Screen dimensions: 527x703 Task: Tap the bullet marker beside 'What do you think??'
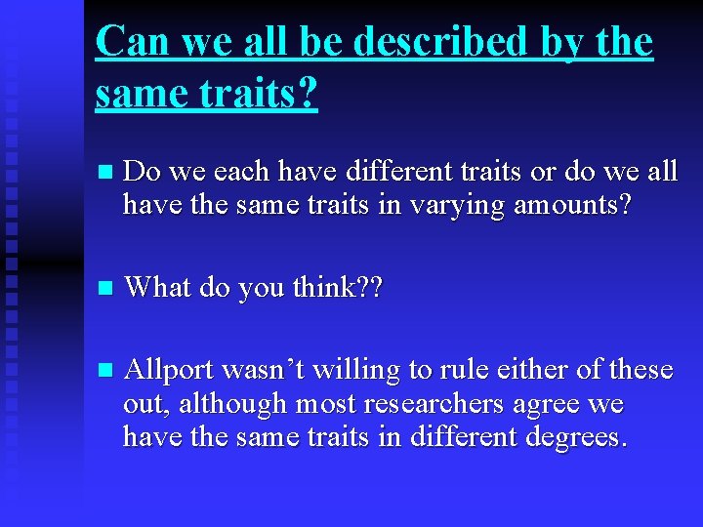[106, 288]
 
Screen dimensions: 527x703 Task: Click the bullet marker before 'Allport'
[106, 371]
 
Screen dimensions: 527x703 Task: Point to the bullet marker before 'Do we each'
[106, 173]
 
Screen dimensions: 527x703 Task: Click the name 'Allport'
[171, 370]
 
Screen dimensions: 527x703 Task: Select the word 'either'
[516, 370]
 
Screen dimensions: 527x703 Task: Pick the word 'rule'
[450, 370]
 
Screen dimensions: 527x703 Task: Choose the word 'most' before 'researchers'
[322, 404]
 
